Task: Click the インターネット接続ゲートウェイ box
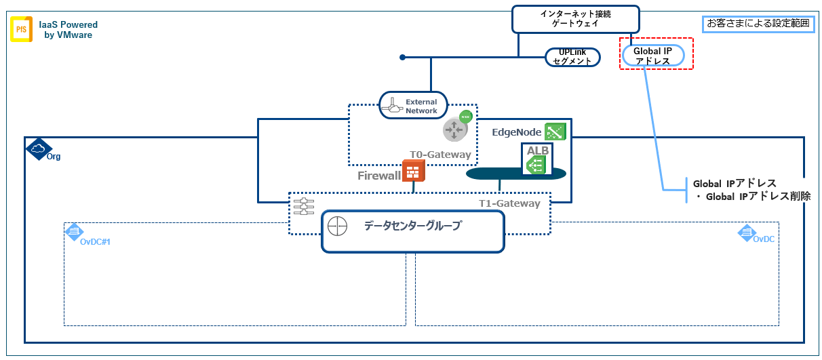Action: coord(575,19)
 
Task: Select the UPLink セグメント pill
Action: coord(572,57)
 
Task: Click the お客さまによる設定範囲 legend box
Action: coord(758,23)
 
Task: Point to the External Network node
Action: coord(414,106)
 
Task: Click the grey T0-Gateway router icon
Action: coord(455,129)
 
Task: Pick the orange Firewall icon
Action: coord(413,171)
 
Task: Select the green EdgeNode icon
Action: coord(555,131)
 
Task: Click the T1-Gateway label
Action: coord(509,203)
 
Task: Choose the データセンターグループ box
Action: coord(412,231)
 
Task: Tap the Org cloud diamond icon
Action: coord(37,149)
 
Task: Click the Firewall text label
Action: coord(379,176)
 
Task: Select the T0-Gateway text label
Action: coord(439,155)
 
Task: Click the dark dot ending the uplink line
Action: coord(402,57)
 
